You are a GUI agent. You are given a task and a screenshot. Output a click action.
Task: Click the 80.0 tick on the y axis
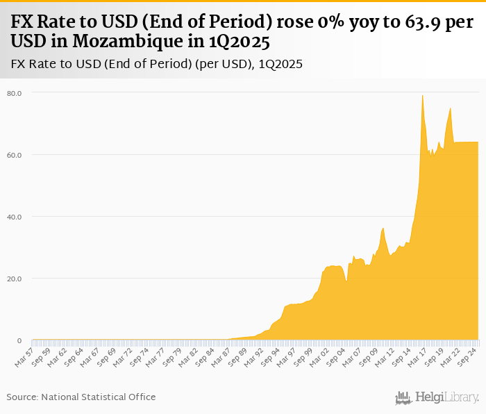(x=15, y=93)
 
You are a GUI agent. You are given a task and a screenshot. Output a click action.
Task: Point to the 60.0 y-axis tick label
(x=15, y=155)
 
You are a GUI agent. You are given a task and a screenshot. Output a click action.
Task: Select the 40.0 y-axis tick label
(x=15, y=217)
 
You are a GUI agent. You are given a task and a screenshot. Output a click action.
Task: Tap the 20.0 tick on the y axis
(x=15, y=279)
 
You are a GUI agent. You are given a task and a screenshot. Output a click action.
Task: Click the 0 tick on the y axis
(x=19, y=340)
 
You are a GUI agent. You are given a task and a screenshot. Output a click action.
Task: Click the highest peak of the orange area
(x=423, y=95)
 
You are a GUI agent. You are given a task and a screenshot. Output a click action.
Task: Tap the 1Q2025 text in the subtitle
(x=280, y=64)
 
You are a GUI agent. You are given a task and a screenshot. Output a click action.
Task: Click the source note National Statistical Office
(x=98, y=397)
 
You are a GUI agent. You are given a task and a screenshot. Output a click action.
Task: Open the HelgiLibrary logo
(x=437, y=397)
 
